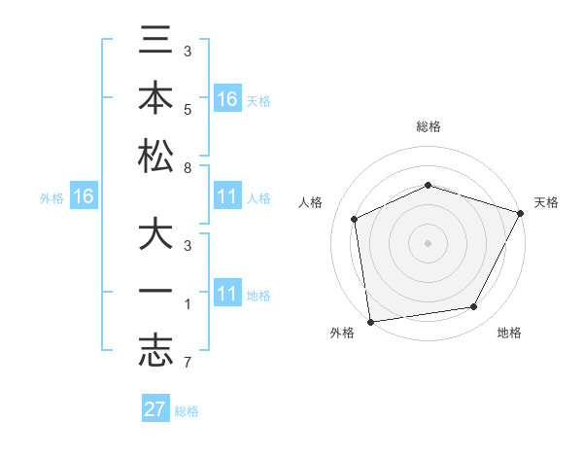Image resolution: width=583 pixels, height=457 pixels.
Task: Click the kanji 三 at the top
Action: (x=156, y=43)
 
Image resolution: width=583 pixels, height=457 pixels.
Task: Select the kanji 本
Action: (x=156, y=99)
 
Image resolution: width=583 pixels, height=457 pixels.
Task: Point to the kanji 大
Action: (x=156, y=237)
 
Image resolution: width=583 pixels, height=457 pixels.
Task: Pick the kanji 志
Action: (x=156, y=351)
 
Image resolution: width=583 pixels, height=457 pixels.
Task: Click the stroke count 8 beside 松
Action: (x=188, y=167)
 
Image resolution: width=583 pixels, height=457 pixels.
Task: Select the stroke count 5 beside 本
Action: (x=188, y=110)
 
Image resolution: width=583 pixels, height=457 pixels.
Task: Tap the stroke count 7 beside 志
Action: (x=188, y=364)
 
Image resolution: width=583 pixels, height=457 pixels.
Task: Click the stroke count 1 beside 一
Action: (x=188, y=305)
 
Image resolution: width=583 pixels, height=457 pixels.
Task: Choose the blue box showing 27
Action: (x=155, y=409)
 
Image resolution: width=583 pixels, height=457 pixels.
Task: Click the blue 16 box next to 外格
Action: (x=83, y=197)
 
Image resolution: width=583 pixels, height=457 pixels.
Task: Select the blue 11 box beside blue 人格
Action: (x=226, y=197)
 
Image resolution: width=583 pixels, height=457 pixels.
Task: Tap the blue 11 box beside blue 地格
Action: (x=226, y=295)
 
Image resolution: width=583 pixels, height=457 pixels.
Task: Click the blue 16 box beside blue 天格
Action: (x=226, y=99)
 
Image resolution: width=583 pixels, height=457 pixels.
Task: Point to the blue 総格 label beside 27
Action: (x=187, y=411)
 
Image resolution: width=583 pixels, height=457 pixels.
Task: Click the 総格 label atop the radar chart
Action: (x=429, y=126)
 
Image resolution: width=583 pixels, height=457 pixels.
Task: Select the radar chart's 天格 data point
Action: (x=521, y=213)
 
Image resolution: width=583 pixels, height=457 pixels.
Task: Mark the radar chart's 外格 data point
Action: (x=370, y=321)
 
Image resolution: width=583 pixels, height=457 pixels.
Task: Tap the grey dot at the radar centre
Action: (x=428, y=242)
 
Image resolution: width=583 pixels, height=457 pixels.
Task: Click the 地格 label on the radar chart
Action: (x=509, y=334)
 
